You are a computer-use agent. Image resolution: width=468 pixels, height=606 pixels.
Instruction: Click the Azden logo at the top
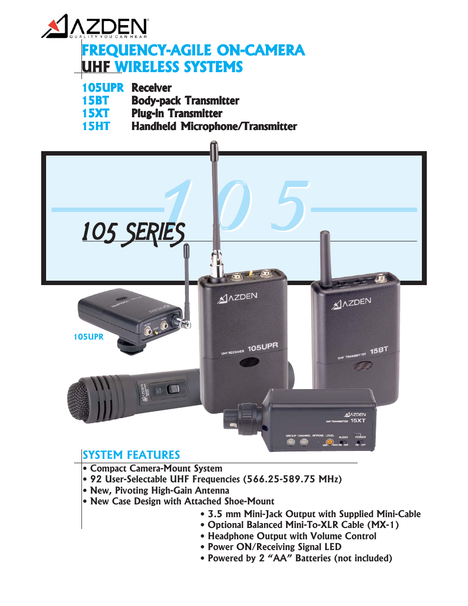[95, 27]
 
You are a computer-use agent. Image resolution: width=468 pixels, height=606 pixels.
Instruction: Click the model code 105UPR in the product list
[103, 88]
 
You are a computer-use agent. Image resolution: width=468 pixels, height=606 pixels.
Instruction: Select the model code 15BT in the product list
[95, 101]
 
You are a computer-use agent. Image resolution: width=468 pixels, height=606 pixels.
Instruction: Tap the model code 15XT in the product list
[95, 113]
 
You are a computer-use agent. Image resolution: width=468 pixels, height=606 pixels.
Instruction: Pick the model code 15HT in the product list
[96, 126]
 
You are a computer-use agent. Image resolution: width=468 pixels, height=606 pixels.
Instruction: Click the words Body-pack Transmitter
[185, 101]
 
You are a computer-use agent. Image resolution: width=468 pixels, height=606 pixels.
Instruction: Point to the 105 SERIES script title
[133, 233]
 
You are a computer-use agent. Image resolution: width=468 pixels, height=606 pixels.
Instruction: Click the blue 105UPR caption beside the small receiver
[88, 337]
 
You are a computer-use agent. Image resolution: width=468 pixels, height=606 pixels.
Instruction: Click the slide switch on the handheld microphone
[173, 389]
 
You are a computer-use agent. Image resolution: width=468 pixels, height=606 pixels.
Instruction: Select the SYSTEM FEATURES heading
[131, 455]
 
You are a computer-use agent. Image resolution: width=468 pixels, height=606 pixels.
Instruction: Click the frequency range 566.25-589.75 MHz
[294, 479]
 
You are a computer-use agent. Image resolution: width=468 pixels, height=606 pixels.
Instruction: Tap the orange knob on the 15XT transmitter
[330, 442]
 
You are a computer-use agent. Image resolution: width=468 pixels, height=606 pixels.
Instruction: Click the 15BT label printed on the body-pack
[379, 350]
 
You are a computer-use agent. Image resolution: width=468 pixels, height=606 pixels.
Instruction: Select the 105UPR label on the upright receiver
[262, 347]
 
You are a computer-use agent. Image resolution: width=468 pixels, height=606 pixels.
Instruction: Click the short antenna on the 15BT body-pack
[325, 258]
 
